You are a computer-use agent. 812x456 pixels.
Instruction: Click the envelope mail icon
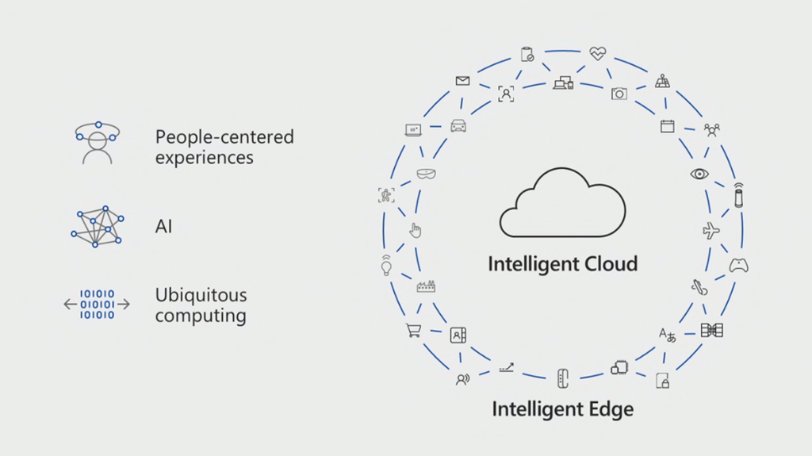(x=462, y=81)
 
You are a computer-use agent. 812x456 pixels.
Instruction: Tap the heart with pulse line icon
(x=597, y=54)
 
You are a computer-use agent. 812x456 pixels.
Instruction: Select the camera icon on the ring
(x=619, y=94)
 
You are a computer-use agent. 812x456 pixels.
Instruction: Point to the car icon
(x=458, y=125)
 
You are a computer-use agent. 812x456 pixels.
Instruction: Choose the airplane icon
(x=711, y=231)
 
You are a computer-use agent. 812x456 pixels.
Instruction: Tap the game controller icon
(x=739, y=266)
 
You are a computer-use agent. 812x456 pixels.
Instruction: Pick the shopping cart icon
(x=413, y=331)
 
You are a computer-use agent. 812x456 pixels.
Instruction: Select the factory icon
(x=426, y=286)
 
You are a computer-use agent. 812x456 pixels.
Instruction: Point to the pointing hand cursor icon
(x=415, y=230)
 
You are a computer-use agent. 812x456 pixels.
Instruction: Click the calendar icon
(x=667, y=125)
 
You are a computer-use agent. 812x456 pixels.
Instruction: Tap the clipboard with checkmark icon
(x=527, y=54)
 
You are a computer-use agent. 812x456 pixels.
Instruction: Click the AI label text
(x=163, y=226)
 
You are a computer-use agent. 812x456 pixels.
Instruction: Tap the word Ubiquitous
(x=201, y=295)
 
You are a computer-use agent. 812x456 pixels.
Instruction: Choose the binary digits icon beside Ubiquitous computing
(x=97, y=305)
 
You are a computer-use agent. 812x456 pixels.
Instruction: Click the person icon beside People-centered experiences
(x=97, y=143)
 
